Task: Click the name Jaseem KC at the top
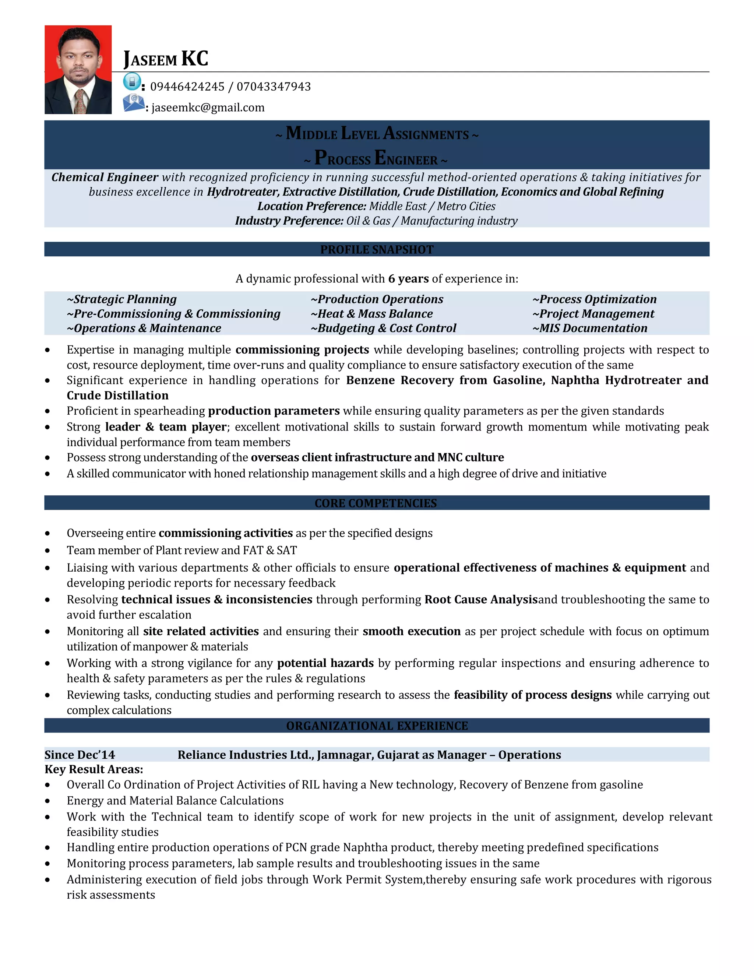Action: click(x=166, y=59)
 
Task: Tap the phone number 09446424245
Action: click(x=187, y=87)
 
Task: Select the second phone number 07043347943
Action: click(x=274, y=87)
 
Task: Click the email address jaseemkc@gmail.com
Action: click(x=208, y=108)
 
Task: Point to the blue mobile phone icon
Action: click(x=132, y=82)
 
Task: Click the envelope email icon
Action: click(x=134, y=103)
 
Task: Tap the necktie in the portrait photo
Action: click(x=80, y=101)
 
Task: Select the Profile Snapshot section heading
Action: click(x=377, y=249)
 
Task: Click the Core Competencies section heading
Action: click(x=376, y=503)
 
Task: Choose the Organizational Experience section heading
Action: click(x=377, y=726)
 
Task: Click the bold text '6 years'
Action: click(x=408, y=279)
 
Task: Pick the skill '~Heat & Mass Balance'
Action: click(x=371, y=314)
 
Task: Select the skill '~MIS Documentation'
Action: click(x=590, y=329)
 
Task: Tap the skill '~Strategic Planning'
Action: click(x=121, y=299)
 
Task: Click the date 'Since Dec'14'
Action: click(x=80, y=755)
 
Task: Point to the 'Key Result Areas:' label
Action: click(x=94, y=769)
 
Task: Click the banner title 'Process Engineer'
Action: click(x=376, y=159)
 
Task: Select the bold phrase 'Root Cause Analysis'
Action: click(x=480, y=599)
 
